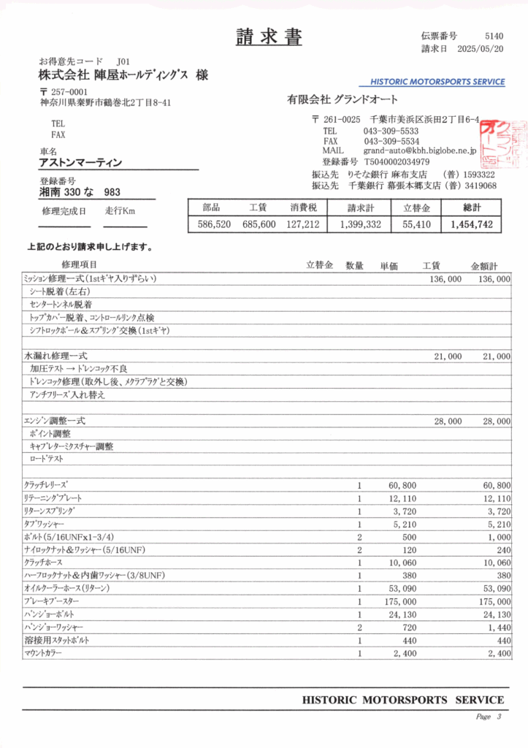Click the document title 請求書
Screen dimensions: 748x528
click(269, 37)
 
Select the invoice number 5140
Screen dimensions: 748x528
click(494, 36)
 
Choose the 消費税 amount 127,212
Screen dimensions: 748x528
click(302, 225)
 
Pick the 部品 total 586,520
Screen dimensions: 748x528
click(214, 225)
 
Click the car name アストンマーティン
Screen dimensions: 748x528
click(80, 163)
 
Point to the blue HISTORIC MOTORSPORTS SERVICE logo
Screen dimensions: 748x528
click(437, 82)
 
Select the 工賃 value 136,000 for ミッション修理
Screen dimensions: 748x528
click(445, 279)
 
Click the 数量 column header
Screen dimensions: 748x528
click(354, 265)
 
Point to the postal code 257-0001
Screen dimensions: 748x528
click(69, 92)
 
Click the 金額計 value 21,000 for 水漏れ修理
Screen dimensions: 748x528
click(496, 356)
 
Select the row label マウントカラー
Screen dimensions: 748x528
click(43, 653)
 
